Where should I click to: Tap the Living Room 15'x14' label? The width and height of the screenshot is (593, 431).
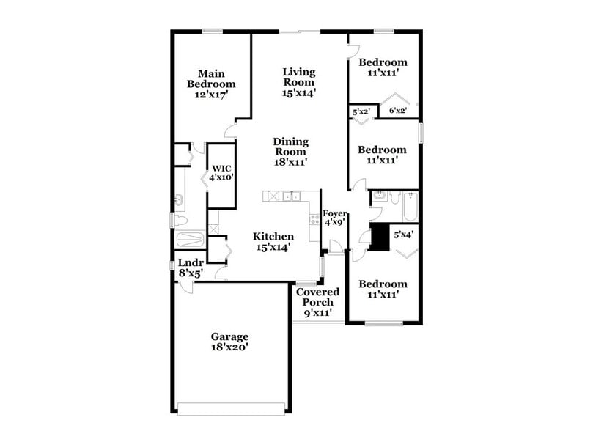[299, 82]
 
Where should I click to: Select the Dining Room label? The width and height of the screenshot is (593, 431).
[291, 152]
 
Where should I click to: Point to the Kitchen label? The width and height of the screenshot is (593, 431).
[273, 242]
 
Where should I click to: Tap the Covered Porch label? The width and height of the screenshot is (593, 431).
[318, 302]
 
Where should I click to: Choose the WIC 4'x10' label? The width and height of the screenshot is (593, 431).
[221, 173]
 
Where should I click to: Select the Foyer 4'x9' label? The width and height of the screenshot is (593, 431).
[334, 218]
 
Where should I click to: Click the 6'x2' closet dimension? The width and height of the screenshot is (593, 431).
[397, 111]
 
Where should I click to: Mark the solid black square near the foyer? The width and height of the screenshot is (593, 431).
[380, 238]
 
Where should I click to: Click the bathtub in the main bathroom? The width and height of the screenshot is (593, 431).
[191, 240]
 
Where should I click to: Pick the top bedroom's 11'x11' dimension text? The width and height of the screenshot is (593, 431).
[383, 73]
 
